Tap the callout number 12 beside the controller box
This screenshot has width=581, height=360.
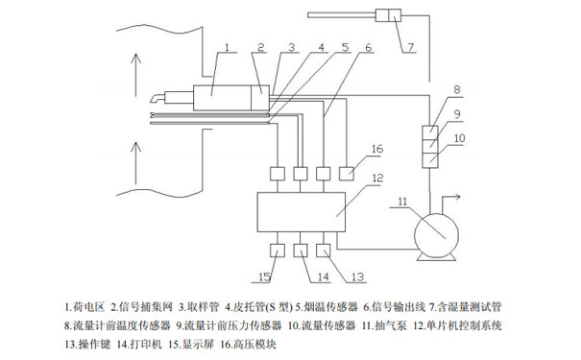point(376,178)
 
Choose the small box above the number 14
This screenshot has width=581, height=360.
point(301,252)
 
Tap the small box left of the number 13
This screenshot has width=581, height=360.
point(326,252)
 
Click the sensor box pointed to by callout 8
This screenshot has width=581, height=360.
point(431,132)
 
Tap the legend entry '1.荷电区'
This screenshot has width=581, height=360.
point(85,308)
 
